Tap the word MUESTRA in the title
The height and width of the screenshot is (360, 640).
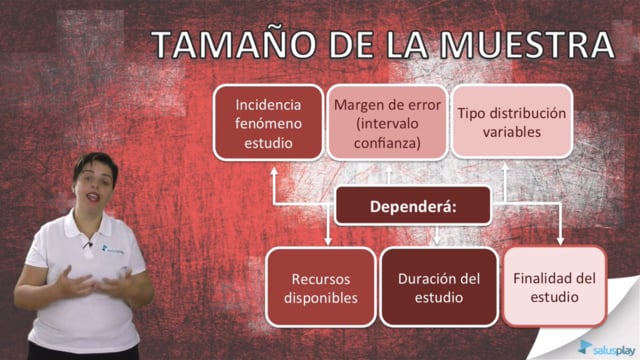click(x=526, y=44)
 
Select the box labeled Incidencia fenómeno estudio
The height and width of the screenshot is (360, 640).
click(x=269, y=122)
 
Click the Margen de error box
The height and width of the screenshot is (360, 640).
click(x=387, y=122)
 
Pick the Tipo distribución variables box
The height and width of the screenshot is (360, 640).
click(x=511, y=122)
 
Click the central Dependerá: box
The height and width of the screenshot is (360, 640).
click(x=413, y=206)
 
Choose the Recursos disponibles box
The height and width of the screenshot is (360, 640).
click(x=321, y=288)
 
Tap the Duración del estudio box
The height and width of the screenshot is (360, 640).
click(x=439, y=288)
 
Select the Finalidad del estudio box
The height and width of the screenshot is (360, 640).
click(x=554, y=287)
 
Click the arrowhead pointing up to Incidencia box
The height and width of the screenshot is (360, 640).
click(x=274, y=171)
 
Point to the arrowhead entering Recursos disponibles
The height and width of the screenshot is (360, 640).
click(x=328, y=241)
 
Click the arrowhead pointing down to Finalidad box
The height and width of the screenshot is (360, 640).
click(x=560, y=240)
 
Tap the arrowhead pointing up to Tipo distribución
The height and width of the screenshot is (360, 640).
click(x=505, y=167)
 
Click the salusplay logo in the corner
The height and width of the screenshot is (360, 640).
click(x=607, y=349)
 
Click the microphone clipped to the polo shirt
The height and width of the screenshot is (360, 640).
click(x=89, y=244)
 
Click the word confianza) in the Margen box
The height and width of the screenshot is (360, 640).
click(x=387, y=143)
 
